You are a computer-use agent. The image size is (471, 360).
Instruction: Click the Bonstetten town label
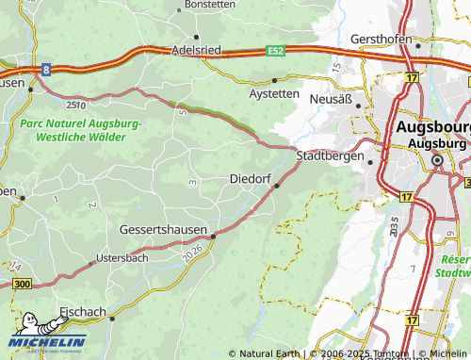209,5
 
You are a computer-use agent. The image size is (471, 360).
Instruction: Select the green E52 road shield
275,49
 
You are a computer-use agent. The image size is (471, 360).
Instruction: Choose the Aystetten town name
274,95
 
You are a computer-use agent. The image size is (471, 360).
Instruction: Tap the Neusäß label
330,99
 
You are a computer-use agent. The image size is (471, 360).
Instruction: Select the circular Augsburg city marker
437,162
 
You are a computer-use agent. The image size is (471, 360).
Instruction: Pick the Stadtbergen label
330,155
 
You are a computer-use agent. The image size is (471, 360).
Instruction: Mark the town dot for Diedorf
276,186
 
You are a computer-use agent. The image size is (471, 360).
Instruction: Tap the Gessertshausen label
164,229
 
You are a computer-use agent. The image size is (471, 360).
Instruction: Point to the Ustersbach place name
122,257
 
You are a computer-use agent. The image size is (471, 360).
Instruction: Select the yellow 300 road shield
23,284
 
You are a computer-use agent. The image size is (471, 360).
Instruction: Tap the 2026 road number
191,252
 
